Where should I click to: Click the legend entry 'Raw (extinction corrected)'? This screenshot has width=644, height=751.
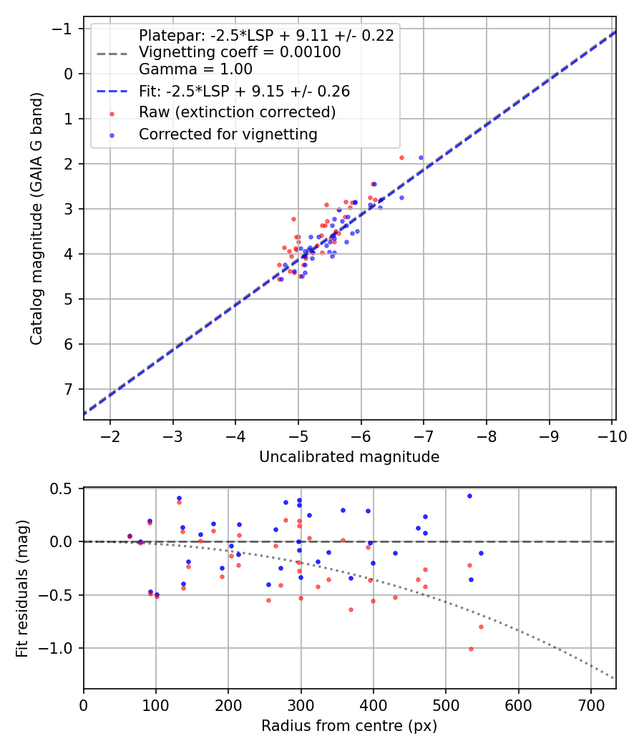pos(237,112)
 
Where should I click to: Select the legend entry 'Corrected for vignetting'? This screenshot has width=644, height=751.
pos(228,134)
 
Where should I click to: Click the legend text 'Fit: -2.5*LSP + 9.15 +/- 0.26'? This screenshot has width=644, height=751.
pos(244,92)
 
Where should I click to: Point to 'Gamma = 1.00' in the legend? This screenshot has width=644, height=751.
pos(195,69)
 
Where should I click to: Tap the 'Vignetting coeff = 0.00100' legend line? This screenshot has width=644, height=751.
pos(240,52)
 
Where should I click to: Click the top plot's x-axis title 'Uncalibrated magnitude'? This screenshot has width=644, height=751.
pos(349,456)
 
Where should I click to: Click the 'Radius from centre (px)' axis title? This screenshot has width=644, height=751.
pos(349,726)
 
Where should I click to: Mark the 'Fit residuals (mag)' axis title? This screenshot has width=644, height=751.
pos(22,589)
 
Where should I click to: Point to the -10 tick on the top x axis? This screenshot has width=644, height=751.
pos(612,436)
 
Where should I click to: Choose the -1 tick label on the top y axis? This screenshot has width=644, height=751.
pos(65,29)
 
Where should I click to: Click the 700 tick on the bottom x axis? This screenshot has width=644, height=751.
pos(590,705)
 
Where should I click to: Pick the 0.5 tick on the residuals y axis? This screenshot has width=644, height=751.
pos(65,489)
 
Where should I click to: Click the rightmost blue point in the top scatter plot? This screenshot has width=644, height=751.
pos(421,157)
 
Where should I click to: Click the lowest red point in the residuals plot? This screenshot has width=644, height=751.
pos(471,649)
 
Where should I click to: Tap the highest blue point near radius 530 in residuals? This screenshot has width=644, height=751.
pos(469,496)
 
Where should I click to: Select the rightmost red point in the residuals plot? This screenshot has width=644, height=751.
pos(481,627)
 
